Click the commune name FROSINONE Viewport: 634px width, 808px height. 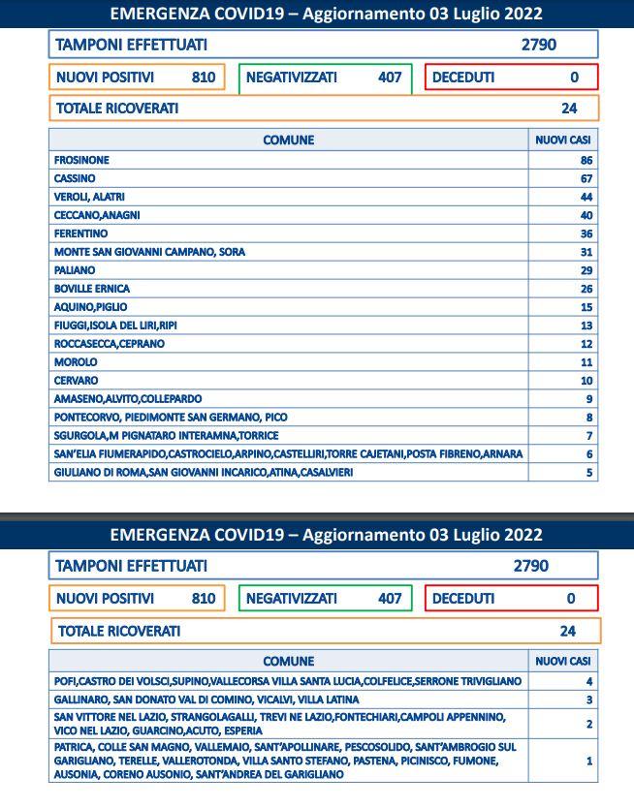[x=81, y=160]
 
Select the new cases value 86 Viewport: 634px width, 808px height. [x=586, y=160]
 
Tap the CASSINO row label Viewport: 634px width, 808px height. [x=75, y=178]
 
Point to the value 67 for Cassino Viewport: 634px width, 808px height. [x=586, y=178]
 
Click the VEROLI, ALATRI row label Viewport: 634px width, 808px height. [x=89, y=197]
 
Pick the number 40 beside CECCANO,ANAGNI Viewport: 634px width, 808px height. [x=586, y=215]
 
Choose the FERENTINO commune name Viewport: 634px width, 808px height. [x=80, y=233]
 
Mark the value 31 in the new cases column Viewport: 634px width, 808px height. [x=586, y=252]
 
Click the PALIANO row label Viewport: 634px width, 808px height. [x=75, y=270]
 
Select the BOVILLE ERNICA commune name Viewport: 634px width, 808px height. [x=92, y=289]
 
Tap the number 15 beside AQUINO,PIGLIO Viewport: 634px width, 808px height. [x=586, y=307]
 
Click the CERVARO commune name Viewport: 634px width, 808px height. [x=76, y=381]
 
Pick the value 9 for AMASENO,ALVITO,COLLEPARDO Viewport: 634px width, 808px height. [x=588, y=399]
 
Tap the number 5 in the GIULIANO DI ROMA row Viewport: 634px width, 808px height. [x=588, y=473]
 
